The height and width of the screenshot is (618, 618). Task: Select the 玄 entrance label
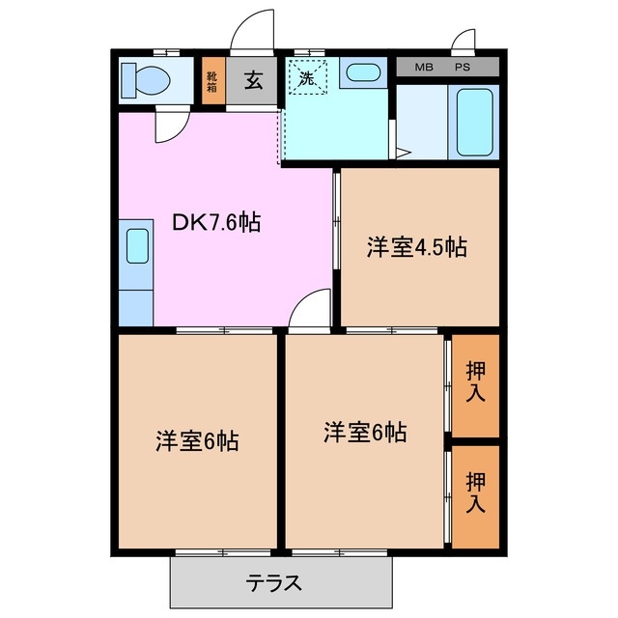(253, 80)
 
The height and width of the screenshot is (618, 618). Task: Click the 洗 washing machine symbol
(308, 79)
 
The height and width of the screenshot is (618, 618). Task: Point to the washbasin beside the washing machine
(361, 72)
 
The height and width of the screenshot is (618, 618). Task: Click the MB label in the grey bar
(424, 67)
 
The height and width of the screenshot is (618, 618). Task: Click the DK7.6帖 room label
(216, 222)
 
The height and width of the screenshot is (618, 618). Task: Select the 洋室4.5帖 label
(416, 247)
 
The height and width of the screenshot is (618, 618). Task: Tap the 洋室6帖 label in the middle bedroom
(365, 432)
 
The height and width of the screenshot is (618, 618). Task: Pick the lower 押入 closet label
(476, 492)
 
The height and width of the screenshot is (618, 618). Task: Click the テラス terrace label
(275, 583)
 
